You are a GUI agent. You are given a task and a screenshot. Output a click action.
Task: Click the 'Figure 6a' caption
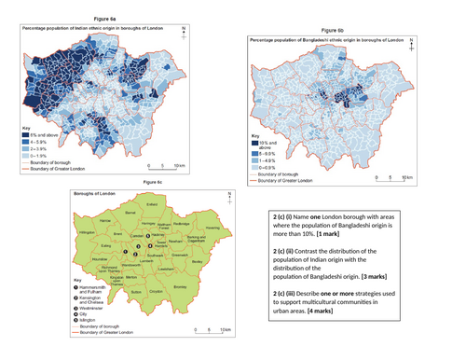point(104,19)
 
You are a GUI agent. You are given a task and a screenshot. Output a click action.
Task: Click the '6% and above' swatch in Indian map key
point(28,135)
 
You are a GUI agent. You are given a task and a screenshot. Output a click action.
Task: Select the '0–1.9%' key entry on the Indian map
point(41,155)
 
